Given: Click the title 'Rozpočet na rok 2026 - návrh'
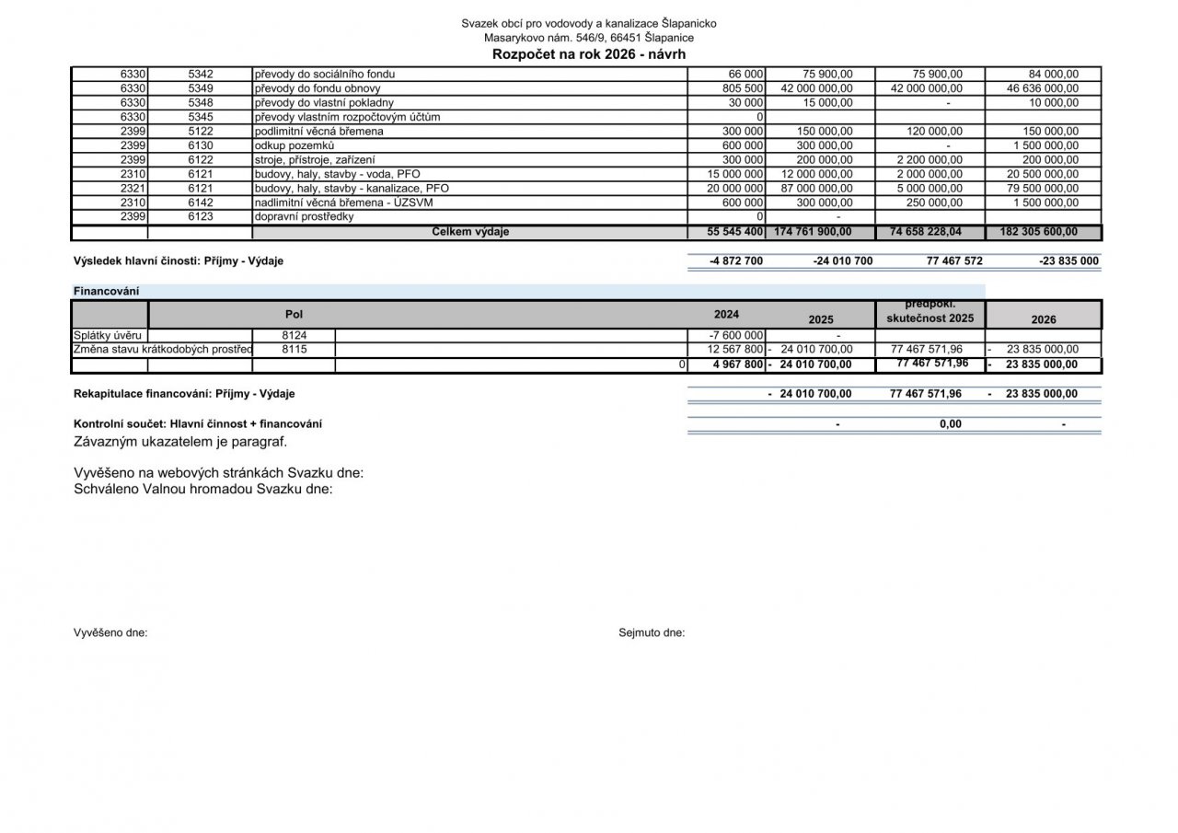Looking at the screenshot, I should pyautogui.click(x=589, y=53).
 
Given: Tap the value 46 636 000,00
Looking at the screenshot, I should pyautogui.click(x=1043, y=88).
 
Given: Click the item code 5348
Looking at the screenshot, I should pyautogui.click(x=200, y=103).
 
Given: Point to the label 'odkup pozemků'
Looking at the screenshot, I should pyautogui.click(x=294, y=145).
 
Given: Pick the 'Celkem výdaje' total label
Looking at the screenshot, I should pyautogui.click(x=470, y=232).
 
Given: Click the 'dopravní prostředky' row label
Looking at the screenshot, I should pyautogui.click(x=304, y=216).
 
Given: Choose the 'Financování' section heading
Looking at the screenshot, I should pyautogui.click(x=106, y=291).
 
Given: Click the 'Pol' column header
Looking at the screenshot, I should pyautogui.click(x=294, y=314).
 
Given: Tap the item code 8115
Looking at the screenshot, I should pyautogui.click(x=294, y=350).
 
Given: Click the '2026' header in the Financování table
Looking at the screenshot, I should pyautogui.click(x=1044, y=319).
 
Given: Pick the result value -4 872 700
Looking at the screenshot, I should pyautogui.click(x=736, y=260).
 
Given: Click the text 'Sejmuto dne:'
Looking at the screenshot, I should pyautogui.click(x=652, y=632).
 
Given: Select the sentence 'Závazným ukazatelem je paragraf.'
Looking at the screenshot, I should pyautogui.click(x=180, y=441).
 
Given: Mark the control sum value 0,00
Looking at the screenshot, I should pyautogui.click(x=950, y=424).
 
